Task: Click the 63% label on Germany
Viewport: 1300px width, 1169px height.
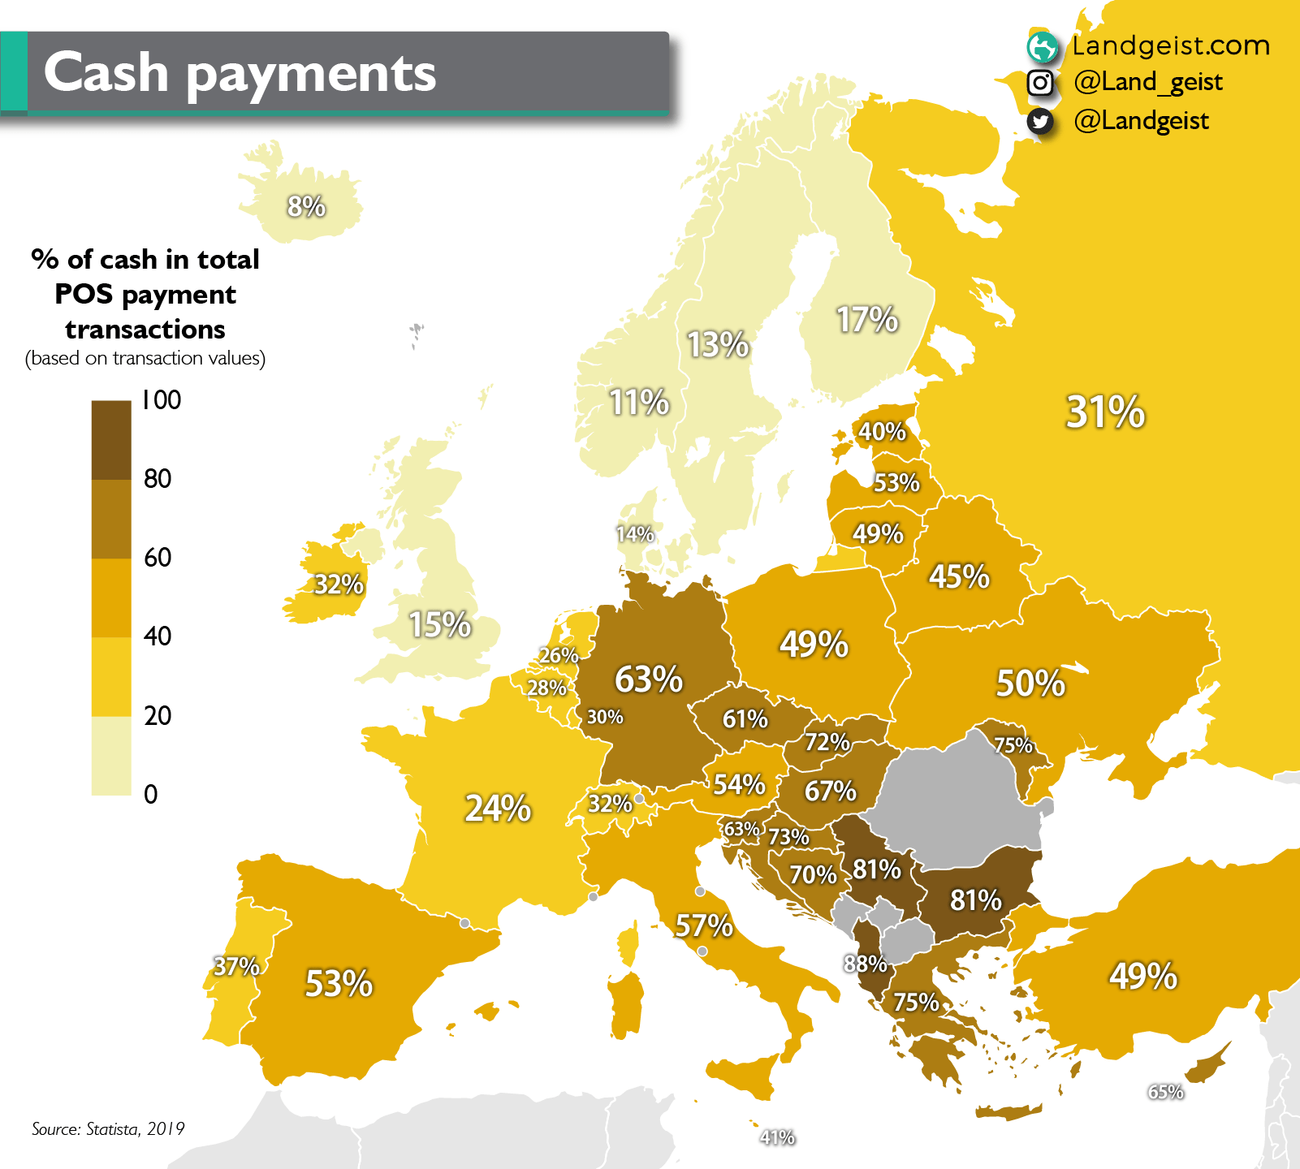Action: [648, 679]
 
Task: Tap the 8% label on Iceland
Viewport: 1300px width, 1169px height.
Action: [306, 206]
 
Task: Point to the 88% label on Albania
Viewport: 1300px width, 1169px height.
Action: [865, 964]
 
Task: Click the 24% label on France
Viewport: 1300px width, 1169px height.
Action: [498, 809]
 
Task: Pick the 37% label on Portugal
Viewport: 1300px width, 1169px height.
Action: [236, 966]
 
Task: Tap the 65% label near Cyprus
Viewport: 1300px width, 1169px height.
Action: [1165, 1092]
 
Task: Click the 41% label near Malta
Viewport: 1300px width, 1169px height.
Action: [777, 1137]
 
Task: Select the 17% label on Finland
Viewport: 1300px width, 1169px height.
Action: [867, 320]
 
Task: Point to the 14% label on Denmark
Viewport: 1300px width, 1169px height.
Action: [634, 534]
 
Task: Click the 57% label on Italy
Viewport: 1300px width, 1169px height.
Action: [704, 925]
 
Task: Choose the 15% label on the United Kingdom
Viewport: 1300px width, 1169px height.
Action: [439, 625]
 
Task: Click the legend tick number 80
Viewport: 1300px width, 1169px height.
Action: [158, 479]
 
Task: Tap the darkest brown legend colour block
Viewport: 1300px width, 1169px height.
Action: [111, 439]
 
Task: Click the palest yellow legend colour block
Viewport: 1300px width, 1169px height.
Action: [111, 755]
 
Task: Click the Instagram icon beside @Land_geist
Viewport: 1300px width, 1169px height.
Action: [1040, 83]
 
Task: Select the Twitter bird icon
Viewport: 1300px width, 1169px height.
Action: [1040, 121]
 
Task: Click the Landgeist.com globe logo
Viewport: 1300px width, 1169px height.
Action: [1042, 47]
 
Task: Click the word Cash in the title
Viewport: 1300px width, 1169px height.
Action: [106, 72]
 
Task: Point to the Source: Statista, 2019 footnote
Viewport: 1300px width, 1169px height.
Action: [108, 1128]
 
